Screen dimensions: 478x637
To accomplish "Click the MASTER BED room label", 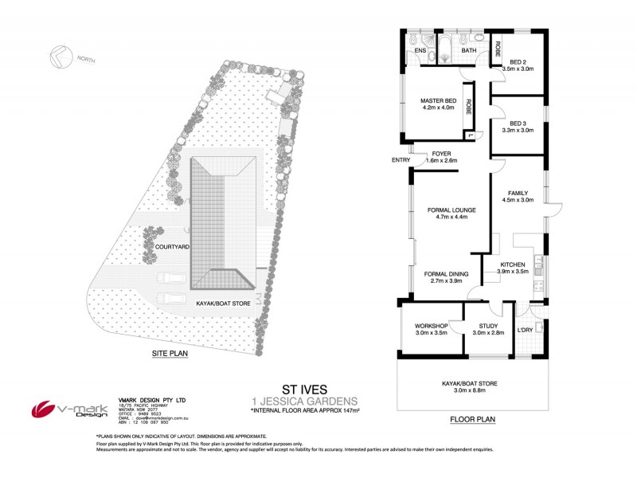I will (x=437, y=100).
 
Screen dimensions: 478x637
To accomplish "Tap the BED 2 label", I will (x=518, y=62).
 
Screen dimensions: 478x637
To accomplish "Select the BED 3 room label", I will (x=518, y=123).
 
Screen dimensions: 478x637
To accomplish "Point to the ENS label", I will (x=420, y=51).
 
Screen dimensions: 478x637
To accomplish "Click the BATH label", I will (x=469, y=51).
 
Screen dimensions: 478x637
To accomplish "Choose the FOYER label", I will (x=442, y=154).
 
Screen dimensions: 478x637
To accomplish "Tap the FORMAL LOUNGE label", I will (x=451, y=210).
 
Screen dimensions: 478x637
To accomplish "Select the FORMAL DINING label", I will (x=446, y=273).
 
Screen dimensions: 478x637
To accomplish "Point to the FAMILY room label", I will (x=518, y=193).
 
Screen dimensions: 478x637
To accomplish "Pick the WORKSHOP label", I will (x=431, y=326).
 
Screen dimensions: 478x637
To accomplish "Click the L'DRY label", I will (x=525, y=330).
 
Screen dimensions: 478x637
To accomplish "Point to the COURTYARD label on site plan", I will (x=171, y=247).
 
